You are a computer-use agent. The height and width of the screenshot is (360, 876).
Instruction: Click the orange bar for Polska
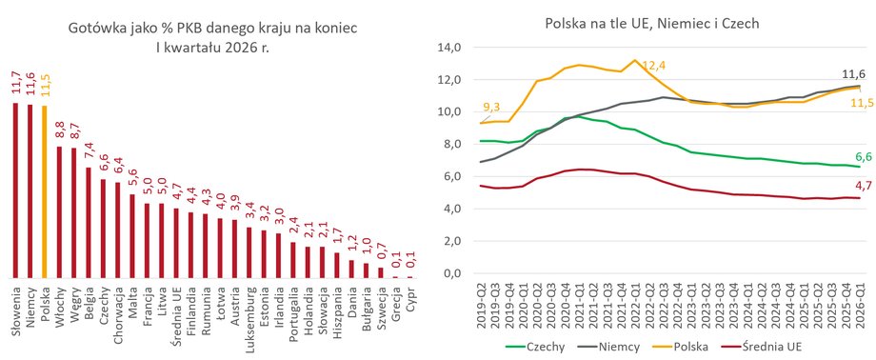click(x=46, y=191)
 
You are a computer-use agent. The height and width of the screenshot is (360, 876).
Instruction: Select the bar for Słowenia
click(x=15, y=190)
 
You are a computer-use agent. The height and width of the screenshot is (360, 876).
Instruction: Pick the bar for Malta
click(x=132, y=236)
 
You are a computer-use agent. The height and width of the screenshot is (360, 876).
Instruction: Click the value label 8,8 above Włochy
click(x=60, y=130)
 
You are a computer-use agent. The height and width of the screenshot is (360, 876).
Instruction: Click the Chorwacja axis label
click(x=118, y=310)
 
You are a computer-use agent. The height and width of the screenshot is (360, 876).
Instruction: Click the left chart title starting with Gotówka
click(x=211, y=36)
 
